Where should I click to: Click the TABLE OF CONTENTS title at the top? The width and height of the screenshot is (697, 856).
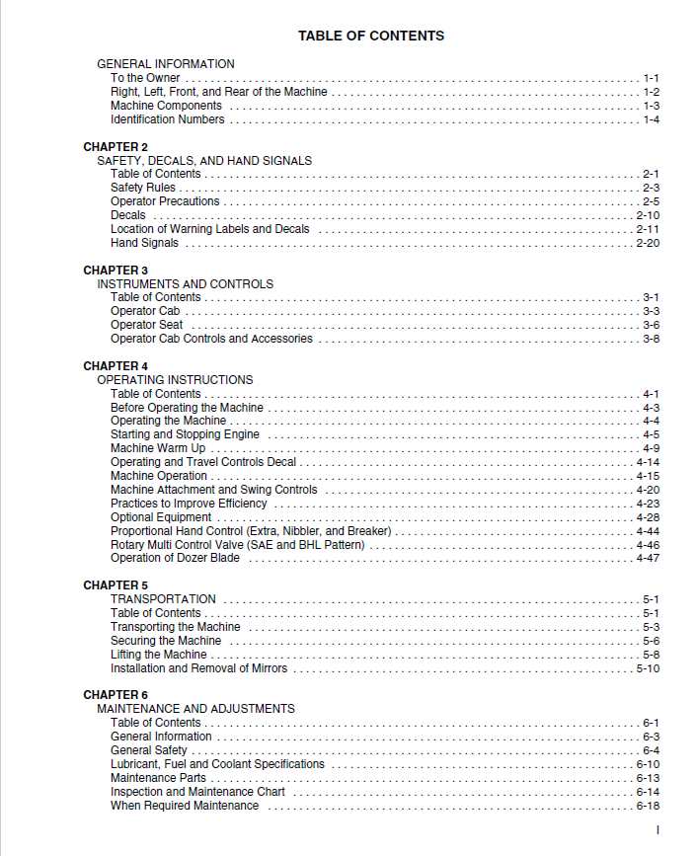[x=371, y=37]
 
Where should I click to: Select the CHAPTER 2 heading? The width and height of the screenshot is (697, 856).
[x=116, y=147]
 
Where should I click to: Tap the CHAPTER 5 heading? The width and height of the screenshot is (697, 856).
[x=116, y=585]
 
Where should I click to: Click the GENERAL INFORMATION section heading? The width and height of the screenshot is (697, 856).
[x=166, y=64]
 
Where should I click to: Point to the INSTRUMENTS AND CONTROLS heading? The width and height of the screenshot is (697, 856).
[x=185, y=284]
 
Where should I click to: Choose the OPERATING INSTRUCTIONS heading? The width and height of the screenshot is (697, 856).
[x=175, y=380]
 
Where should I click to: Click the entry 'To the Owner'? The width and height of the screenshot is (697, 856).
[x=145, y=78]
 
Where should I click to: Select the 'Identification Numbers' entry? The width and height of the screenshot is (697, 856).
[x=167, y=119]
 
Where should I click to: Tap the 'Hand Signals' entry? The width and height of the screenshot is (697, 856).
[x=145, y=243]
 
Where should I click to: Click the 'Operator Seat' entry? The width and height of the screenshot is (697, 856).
[x=146, y=325]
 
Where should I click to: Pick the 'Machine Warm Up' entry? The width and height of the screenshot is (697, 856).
[x=158, y=448]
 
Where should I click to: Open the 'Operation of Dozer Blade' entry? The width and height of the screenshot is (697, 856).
[x=175, y=558]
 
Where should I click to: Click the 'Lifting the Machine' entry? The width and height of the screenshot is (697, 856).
[x=159, y=655]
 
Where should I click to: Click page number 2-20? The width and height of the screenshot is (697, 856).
[x=648, y=243]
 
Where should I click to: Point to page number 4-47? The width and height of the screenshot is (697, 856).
[x=648, y=558]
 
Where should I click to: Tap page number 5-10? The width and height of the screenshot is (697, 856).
[x=648, y=668]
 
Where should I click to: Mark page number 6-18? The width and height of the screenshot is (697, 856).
[x=648, y=806]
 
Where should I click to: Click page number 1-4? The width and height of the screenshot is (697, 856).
[x=651, y=119]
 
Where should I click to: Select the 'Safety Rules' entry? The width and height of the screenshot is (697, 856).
[x=143, y=188]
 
